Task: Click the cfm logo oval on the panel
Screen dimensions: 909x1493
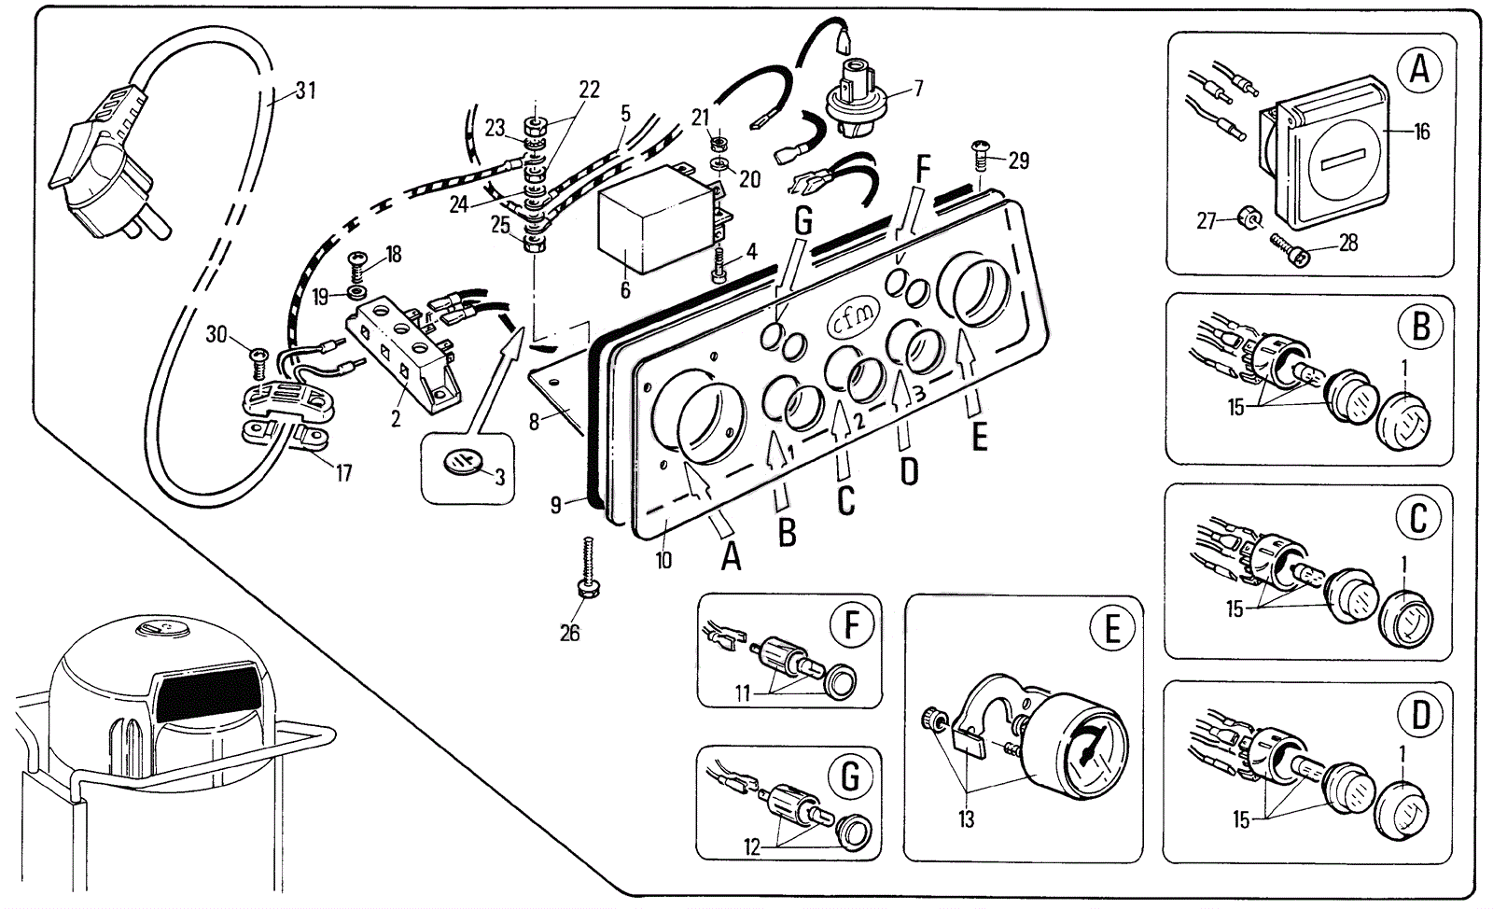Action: [x=852, y=319]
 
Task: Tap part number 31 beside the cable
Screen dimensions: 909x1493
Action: [x=306, y=91]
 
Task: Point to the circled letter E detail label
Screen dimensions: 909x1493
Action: [x=1112, y=630]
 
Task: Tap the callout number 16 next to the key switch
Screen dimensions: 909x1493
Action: [x=1421, y=132]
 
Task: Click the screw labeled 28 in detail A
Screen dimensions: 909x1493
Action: [x=1291, y=250]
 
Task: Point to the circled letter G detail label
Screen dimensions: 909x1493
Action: [x=850, y=776]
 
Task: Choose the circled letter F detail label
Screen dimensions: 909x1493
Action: [x=851, y=625]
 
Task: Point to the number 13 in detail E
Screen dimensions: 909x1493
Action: [x=966, y=819]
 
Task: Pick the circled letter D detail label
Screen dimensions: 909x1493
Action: [x=1420, y=717]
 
